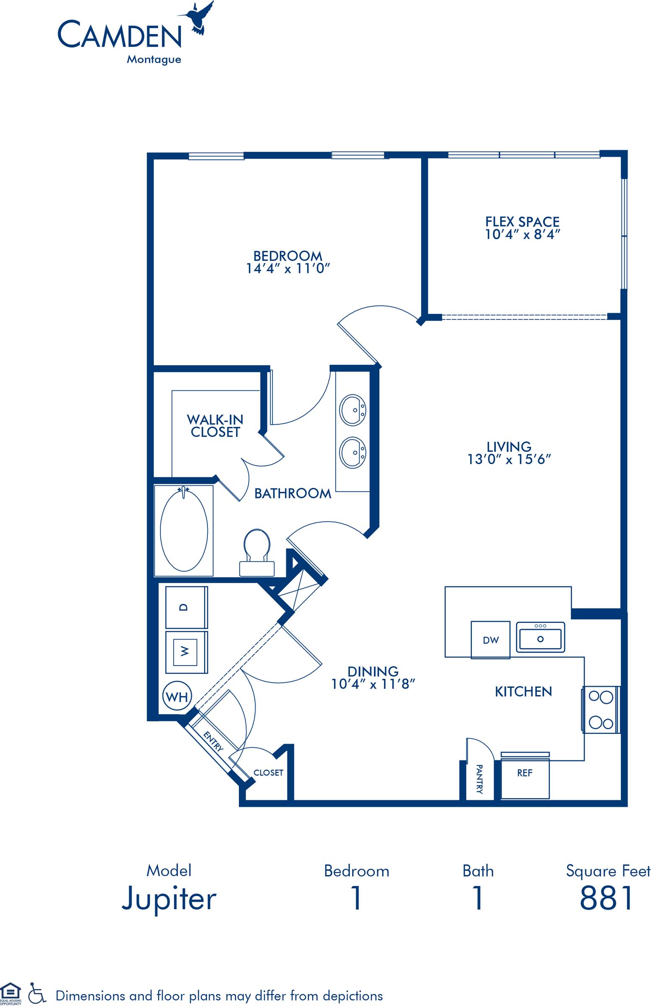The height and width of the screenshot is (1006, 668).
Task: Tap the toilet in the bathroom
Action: (257, 552)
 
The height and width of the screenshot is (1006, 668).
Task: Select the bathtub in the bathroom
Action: (184, 531)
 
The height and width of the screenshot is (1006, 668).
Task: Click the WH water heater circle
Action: (177, 697)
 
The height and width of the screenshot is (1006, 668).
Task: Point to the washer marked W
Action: (186, 652)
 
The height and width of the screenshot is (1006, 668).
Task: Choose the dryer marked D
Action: (186, 607)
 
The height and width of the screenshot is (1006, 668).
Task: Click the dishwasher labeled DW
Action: (490, 640)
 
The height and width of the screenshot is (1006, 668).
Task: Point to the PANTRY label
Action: (479, 779)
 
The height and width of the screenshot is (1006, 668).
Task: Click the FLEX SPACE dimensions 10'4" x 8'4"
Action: (522, 234)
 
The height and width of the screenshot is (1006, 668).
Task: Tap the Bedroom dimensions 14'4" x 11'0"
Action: (288, 268)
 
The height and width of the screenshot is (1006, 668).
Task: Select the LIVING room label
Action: (509, 446)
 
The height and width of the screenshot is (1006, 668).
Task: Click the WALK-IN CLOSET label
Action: (215, 426)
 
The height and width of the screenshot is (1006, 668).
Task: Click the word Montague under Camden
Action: (154, 60)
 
